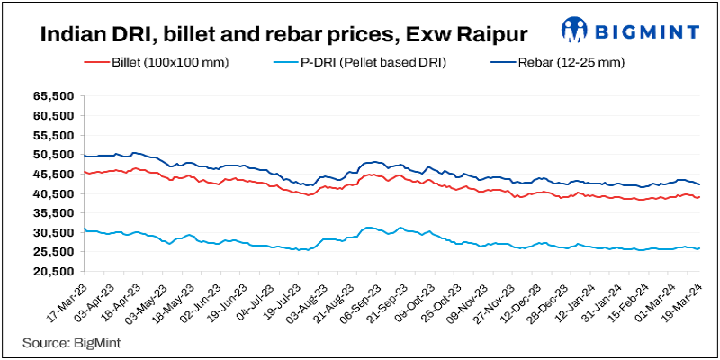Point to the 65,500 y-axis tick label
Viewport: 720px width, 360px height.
[52, 95]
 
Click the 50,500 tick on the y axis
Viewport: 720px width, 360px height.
[52, 155]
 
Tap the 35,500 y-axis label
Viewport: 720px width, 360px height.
[52, 213]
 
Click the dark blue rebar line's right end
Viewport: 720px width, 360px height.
[699, 184]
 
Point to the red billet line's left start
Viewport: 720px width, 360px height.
[83, 171]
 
